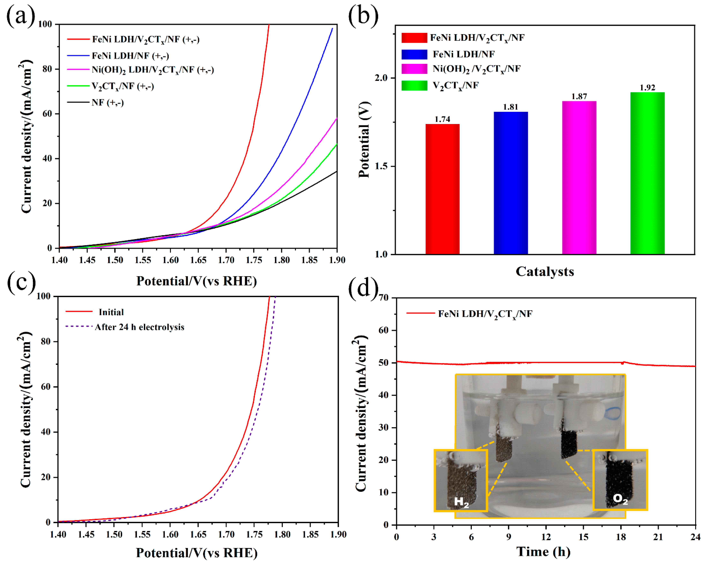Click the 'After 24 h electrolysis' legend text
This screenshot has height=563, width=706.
pyautogui.click(x=139, y=327)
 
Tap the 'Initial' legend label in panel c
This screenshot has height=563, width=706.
pyautogui.click(x=111, y=312)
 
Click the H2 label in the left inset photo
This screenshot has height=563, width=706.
pyautogui.click(x=461, y=502)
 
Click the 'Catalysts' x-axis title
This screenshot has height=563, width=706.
pyautogui.click(x=545, y=271)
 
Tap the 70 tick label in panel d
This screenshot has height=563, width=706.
pyautogui.click(x=383, y=298)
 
